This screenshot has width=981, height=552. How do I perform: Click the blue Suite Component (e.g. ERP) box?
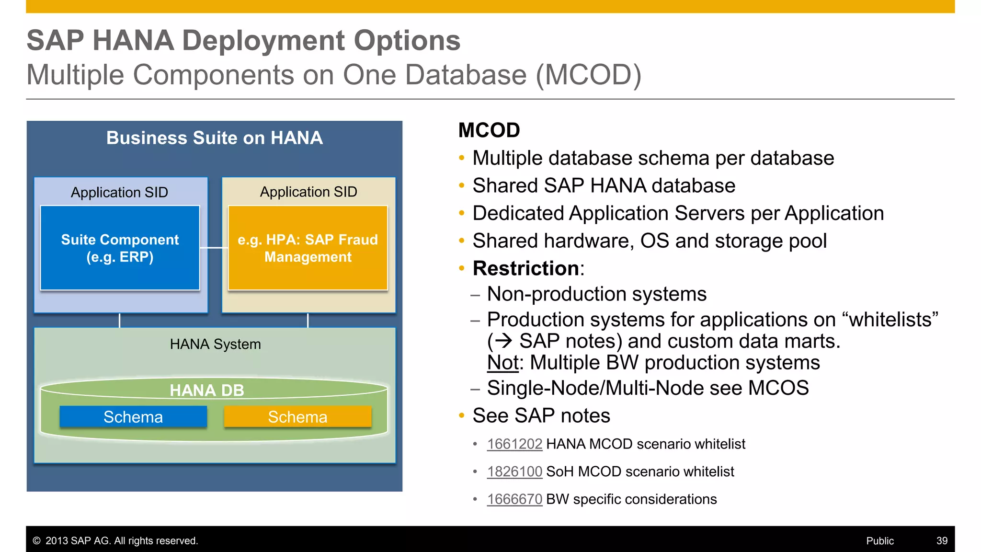tap(120, 248)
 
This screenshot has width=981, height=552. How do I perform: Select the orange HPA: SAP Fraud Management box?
tap(308, 248)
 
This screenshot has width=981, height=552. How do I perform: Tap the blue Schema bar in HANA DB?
tap(133, 417)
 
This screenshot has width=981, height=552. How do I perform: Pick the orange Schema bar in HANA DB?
tap(297, 417)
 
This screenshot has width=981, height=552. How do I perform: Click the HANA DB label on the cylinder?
tap(207, 391)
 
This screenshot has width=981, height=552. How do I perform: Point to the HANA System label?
tap(215, 344)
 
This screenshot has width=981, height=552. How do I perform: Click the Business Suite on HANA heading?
tap(214, 138)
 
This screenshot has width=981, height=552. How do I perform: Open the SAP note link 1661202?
tap(514, 444)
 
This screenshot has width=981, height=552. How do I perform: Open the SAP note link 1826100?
tap(514, 472)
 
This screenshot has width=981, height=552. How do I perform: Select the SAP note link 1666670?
tap(514, 499)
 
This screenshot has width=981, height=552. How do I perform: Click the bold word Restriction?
tap(526, 268)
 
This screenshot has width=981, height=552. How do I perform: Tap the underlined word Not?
tap(502, 363)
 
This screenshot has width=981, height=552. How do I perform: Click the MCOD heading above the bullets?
tap(489, 130)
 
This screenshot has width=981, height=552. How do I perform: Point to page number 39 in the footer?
tap(942, 541)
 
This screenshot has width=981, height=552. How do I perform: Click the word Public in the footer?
tap(879, 541)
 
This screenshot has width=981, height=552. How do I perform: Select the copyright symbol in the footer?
tap(36, 541)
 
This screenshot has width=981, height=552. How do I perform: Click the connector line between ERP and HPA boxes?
tap(214, 248)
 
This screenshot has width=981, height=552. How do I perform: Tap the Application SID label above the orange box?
tap(308, 192)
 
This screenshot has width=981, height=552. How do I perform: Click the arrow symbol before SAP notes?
tap(503, 341)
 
